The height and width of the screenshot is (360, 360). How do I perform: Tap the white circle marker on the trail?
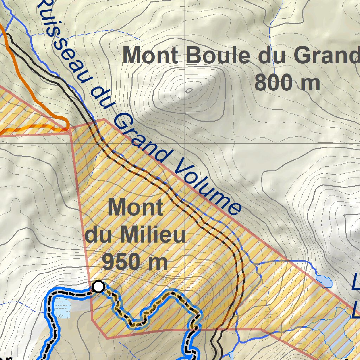click(99, 287)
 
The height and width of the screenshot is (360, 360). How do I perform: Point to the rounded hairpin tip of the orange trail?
click(66, 123)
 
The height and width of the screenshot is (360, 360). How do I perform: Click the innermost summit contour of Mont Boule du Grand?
click(189, 91)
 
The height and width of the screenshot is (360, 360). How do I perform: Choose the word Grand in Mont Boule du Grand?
click(327, 56)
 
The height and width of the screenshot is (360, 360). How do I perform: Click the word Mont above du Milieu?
click(135, 208)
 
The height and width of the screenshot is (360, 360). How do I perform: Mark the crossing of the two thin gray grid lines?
click(186, 143)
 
